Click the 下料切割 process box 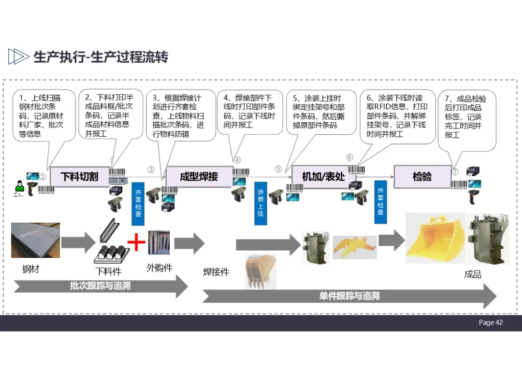click(x=79, y=176)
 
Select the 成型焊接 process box click(x=199, y=176)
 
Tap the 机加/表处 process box click(x=323, y=176)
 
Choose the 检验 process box click(x=422, y=176)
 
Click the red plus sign click(x=136, y=241)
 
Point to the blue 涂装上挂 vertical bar click(x=261, y=202)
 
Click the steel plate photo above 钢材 click(x=35, y=240)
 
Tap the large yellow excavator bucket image click(x=435, y=241)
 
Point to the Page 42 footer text click(x=491, y=323)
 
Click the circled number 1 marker click(x=43, y=177)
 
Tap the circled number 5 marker click(x=278, y=169)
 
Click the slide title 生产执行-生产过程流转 click(x=101, y=57)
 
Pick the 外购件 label click(x=159, y=268)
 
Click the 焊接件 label click(x=216, y=272)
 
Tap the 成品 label click(x=472, y=274)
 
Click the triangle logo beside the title click(x=18, y=57)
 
